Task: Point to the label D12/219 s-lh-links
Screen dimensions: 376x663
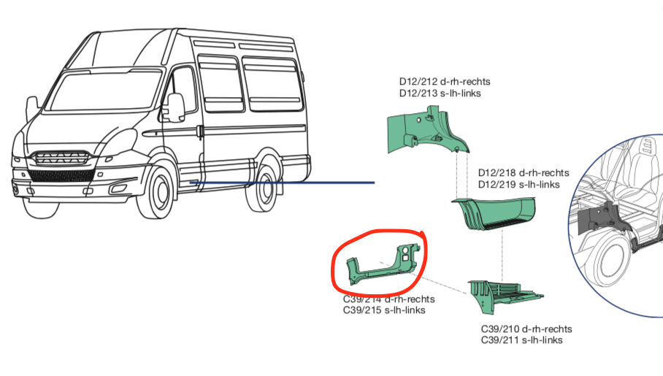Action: [x=519, y=185]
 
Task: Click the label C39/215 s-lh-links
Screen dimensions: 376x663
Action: [x=384, y=310]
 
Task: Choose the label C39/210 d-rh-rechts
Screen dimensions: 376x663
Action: [x=526, y=329]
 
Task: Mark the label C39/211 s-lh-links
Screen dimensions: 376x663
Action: [x=522, y=340]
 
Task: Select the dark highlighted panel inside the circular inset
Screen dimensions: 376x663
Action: [x=599, y=219]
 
